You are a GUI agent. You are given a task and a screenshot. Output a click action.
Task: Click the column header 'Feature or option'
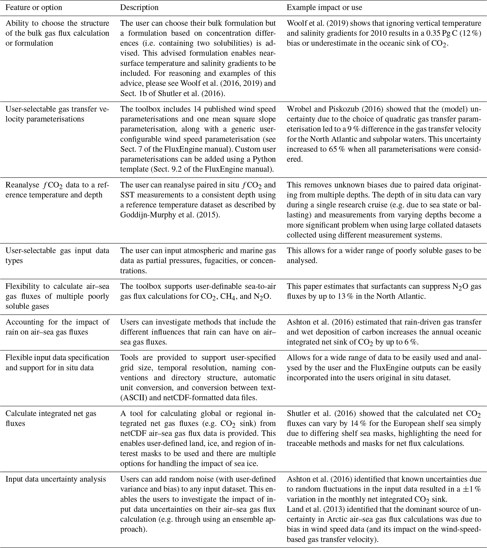[34, 8]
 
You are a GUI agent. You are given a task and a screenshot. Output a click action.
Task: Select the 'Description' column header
[139, 8]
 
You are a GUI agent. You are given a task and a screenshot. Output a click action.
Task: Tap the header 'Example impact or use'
[324, 8]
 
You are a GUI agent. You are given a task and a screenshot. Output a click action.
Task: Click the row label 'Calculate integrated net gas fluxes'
[51, 418]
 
